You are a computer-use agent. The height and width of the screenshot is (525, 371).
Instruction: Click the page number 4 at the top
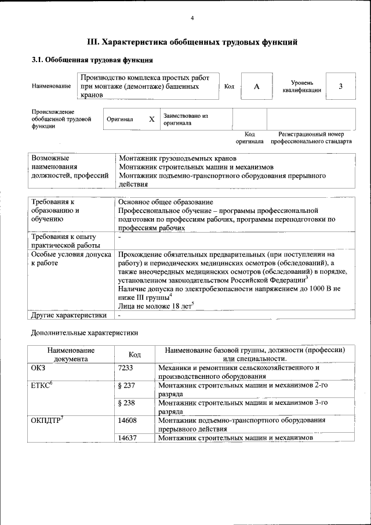192,18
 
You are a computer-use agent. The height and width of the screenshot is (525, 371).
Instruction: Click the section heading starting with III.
192,42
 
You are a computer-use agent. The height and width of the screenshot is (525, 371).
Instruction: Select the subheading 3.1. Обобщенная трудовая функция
92,59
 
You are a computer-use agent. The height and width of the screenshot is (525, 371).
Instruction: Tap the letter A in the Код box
256,86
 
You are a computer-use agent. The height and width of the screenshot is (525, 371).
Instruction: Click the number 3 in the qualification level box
341,86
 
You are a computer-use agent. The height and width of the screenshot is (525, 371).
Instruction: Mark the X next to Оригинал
152,119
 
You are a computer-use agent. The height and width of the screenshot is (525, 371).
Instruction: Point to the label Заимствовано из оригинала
185,119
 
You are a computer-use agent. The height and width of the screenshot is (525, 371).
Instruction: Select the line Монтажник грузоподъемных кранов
177,158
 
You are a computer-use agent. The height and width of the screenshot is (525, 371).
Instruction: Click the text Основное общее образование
165,202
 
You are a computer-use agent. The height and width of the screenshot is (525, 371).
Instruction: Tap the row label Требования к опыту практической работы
64,241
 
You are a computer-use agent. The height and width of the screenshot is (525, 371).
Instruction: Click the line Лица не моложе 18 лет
154,305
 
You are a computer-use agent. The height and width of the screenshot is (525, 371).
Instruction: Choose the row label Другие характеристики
68,316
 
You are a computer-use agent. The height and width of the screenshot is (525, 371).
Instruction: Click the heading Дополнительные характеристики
84,333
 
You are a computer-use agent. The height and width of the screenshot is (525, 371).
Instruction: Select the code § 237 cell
126,385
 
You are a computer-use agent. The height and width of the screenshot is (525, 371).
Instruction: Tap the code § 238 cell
126,403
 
